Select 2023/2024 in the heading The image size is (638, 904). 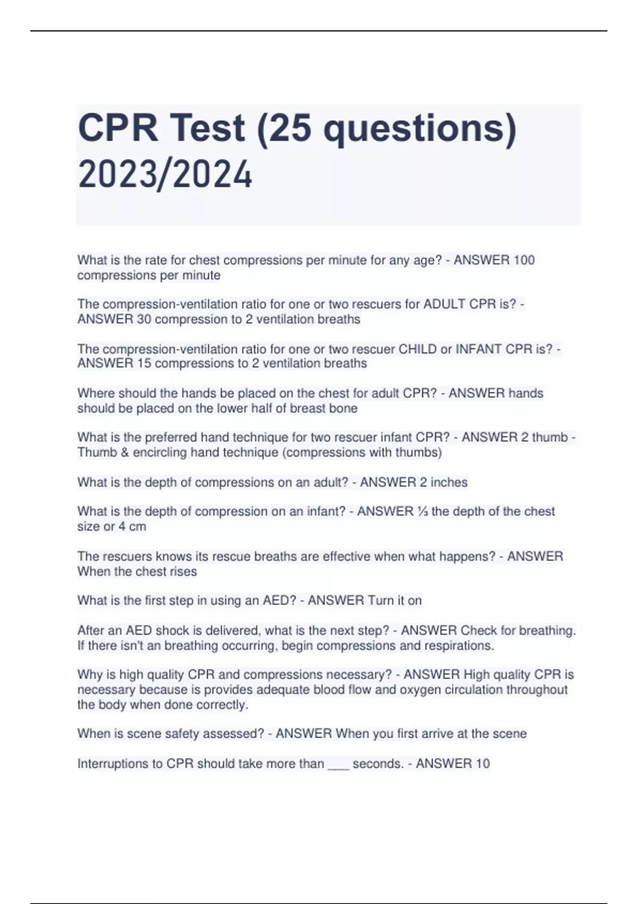165,175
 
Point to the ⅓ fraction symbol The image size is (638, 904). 423,511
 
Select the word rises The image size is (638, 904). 184,572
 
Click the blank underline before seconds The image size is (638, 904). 338,765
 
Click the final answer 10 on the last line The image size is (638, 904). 482,764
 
